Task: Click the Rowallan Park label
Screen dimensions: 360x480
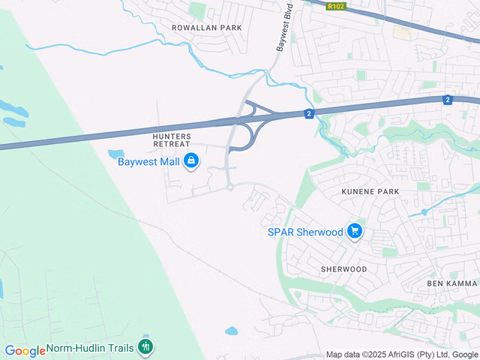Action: (x=196, y=28)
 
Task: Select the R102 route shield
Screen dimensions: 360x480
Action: (x=335, y=6)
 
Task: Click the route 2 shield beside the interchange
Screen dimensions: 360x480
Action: (x=308, y=113)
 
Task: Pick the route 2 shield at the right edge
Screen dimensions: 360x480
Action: (x=448, y=100)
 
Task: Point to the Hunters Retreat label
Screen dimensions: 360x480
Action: (x=172, y=139)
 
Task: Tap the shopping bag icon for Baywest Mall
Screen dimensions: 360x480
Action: (x=192, y=160)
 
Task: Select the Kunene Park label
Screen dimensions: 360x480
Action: (x=370, y=192)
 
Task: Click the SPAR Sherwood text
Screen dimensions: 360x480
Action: (x=304, y=232)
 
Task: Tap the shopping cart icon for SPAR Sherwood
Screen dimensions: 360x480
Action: (x=355, y=232)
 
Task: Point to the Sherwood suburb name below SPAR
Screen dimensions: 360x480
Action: (x=343, y=268)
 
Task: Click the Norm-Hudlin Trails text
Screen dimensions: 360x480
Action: (x=91, y=348)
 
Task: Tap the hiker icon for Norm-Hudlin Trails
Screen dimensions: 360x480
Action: (x=145, y=347)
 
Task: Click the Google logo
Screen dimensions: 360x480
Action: (x=25, y=350)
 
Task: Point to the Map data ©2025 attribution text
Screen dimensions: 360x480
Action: (x=401, y=355)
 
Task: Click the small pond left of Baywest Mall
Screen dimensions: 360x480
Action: (x=117, y=154)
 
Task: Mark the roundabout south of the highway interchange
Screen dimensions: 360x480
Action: (x=229, y=187)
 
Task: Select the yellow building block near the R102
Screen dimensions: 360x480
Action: (x=403, y=33)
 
